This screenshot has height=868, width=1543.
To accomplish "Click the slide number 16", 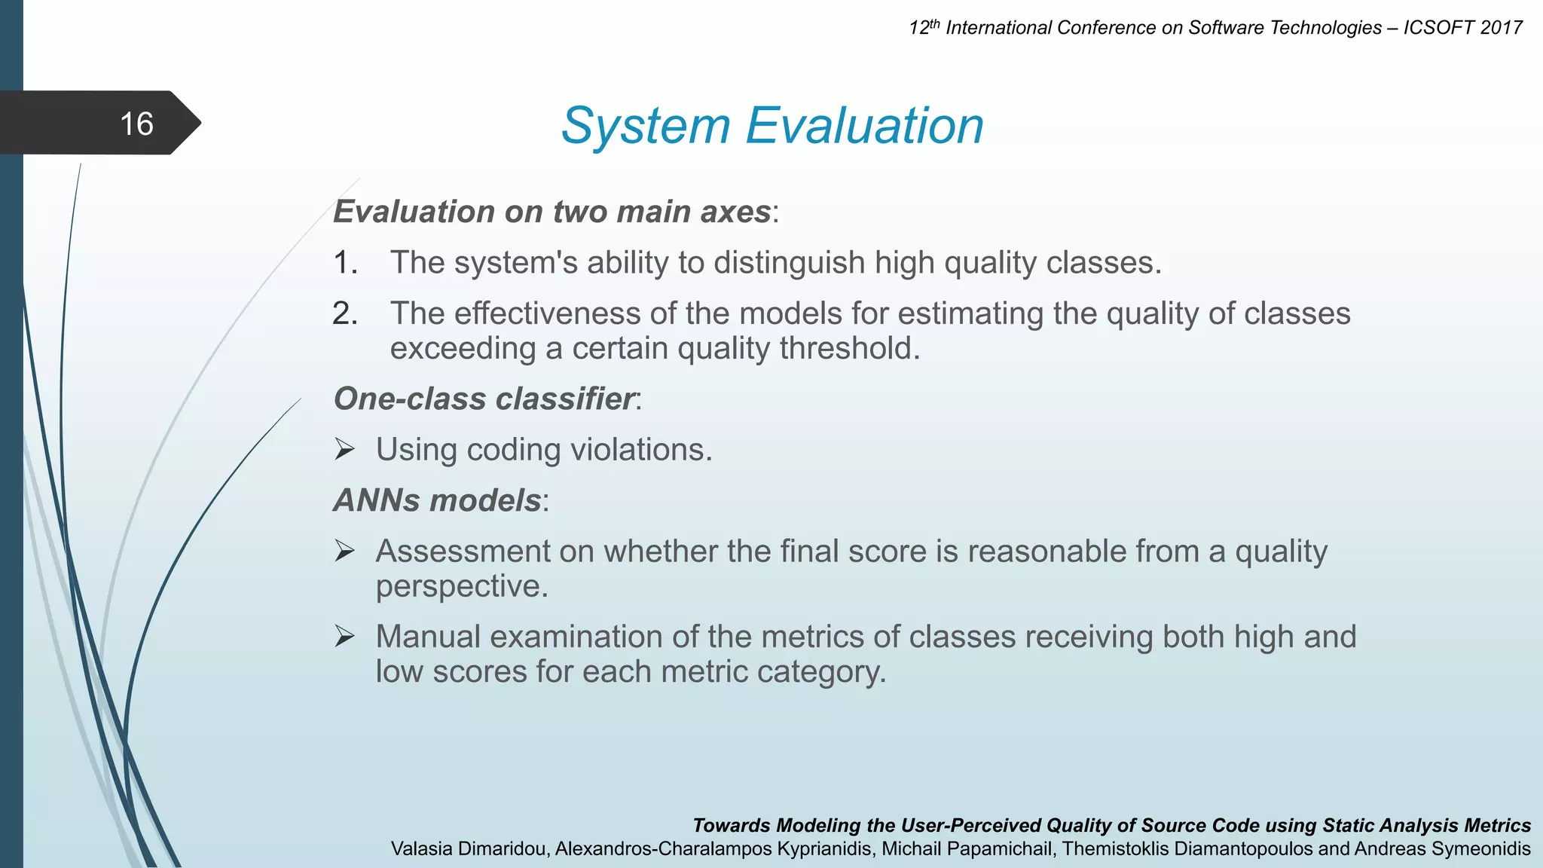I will (x=136, y=124).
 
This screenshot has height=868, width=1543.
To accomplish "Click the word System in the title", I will (x=646, y=126).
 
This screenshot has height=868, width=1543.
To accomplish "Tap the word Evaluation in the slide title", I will (x=864, y=126).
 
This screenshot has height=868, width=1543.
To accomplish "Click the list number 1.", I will (x=344, y=263).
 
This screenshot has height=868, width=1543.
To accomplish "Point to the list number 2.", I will (x=344, y=313).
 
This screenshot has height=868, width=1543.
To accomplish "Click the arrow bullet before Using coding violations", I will (x=344, y=450).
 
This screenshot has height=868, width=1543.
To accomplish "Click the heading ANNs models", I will (x=437, y=500).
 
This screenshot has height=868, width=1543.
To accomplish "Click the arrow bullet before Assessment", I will (x=344, y=552).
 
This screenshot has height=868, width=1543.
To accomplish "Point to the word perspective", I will (x=461, y=586).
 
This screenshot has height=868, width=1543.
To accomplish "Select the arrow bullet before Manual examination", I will (x=344, y=637).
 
